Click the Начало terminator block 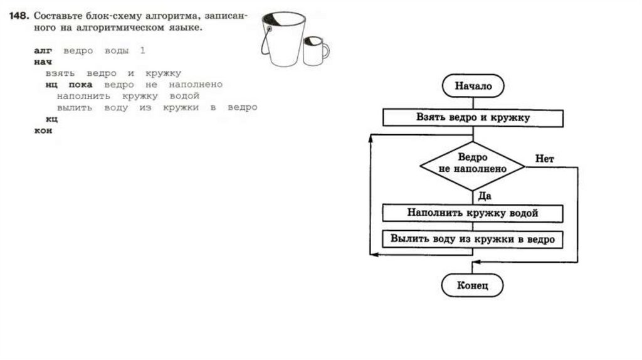[473, 87]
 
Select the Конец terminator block [472, 286]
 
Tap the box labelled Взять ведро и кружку [473, 117]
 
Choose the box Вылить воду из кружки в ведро [473, 239]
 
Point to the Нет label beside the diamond [544, 159]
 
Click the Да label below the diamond [484, 196]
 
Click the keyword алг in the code [44, 50]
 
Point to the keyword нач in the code [43, 61]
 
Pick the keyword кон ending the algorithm [43, 130]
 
